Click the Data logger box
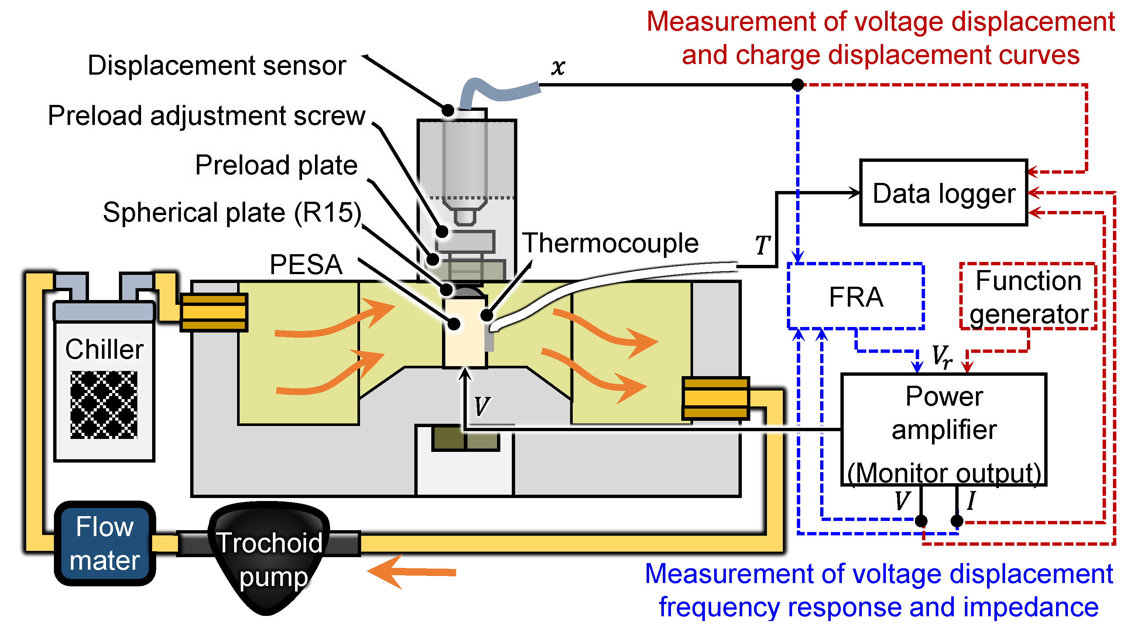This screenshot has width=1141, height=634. click(x=943, y=193)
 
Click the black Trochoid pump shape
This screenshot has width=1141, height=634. click(x=269, y=558)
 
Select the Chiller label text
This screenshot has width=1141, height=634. click(x=104, y=349)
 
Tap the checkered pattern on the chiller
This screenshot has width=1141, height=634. click(x=104, y=405)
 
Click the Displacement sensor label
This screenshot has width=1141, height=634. click(x=217, y=65)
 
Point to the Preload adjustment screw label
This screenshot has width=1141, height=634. click(x=207, y=116)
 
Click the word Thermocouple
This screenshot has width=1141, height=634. click(x=610, y=243)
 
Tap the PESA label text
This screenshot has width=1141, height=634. click(x=306, y=265)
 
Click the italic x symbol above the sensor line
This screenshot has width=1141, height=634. click(x=558, y=67)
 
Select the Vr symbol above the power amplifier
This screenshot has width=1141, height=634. click(x=942, y=357)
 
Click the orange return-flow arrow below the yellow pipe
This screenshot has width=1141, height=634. click(x=411, y=572)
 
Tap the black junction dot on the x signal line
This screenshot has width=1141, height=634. click(x=798, y=84)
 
